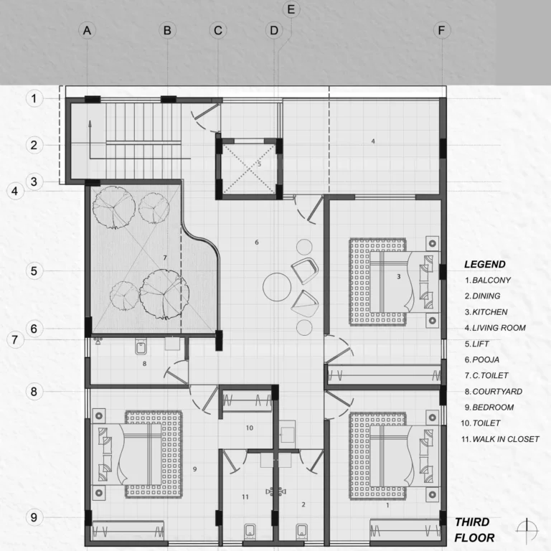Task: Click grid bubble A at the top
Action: point(87,31)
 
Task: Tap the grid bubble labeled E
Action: point(291,9)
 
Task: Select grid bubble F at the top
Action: point(442,31)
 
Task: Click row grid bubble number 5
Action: point(34,271)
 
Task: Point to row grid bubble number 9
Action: point(34,517)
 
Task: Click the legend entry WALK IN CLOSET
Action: point(500,439)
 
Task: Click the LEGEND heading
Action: point(485,264)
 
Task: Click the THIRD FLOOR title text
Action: point(474,530)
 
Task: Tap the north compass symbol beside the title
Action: point(527,529)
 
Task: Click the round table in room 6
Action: point(277,287)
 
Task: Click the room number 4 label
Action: point(373,141)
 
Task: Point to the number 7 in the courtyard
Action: point(165,258)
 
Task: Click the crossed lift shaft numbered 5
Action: point(249,169)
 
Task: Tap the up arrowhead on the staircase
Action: point(90,123)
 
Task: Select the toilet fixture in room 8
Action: point(140,347)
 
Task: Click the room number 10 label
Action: point(250,428)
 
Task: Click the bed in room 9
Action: point(137,455)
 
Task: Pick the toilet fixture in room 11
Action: point(250,531)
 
